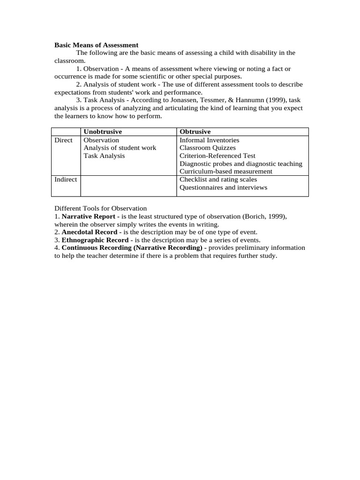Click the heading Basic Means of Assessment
click(x=97, y=45)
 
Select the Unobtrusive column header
click(x=103, y=132)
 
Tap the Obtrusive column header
click(x=195, y=132)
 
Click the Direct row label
click(x=64, y=140)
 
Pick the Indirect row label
click(x=66, y=180)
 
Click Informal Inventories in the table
click(x=210, y=140)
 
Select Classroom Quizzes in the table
click(x=208, y=148)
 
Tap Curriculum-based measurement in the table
click(x=226, y=172)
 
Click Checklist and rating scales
click(x=218, y=180)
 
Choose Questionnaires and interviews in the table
click(x=224, y=187)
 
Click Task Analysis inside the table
click(x=104, y=156)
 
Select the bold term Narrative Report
click(x=88, y=217)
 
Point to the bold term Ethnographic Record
click(x=95, y=240)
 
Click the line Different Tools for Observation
click(x=101, y=209)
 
